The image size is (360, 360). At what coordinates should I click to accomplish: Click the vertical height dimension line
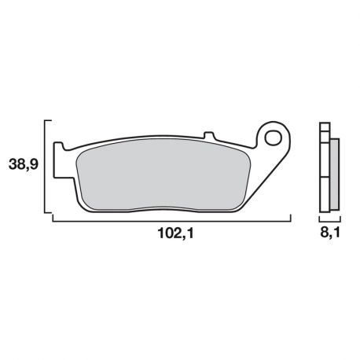pos(52,169)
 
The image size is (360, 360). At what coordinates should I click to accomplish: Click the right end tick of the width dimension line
pos(290,218)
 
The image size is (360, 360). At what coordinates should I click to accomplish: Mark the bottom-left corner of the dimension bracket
pos(52,221)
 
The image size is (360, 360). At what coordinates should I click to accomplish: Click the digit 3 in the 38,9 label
pos(15,165)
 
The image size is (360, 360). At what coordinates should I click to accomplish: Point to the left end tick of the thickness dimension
pos(319,219)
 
